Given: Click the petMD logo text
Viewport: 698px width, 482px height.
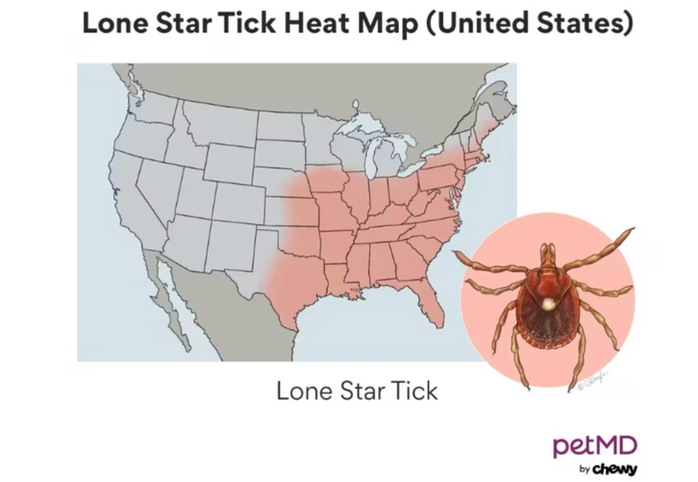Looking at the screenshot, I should coord(594,446).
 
